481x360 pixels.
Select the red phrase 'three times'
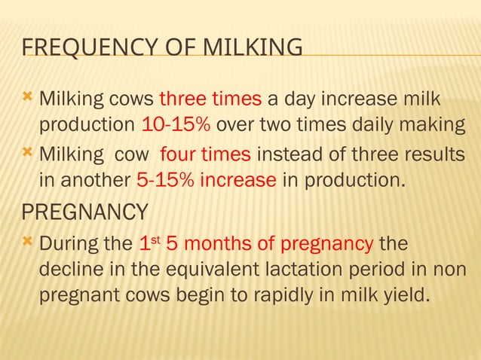[x=210, y=100]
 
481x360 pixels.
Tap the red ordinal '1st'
[x=150, y=245]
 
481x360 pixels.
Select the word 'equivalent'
[x=219, y=269]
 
